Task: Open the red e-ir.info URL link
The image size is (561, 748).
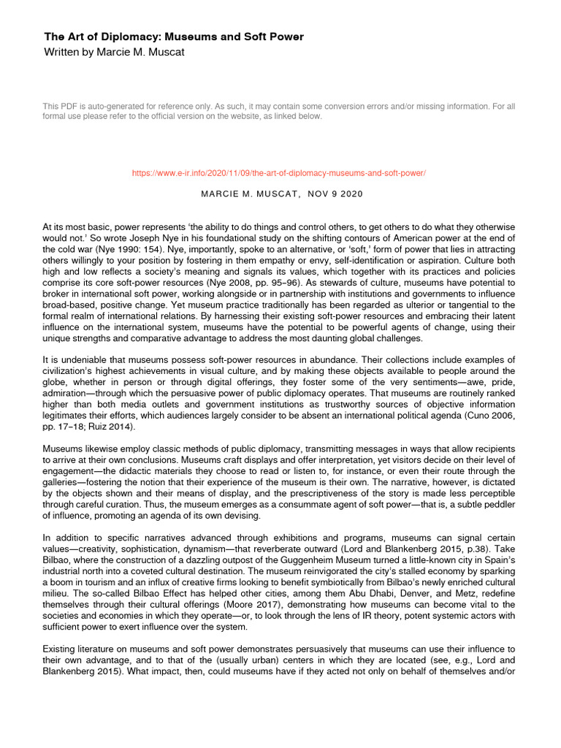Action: (278, 173)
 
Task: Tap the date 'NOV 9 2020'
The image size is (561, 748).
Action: (335, 194)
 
